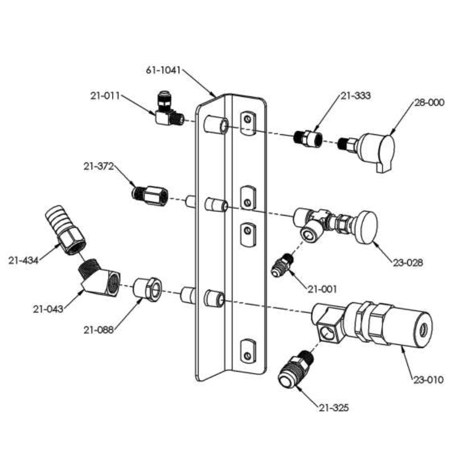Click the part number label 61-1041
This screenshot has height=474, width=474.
(x=163, y=71)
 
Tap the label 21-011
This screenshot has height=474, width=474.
(x=105, y=96)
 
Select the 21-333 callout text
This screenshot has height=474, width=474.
(x=355, y=95)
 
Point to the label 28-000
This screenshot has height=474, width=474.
(x=429, y=102)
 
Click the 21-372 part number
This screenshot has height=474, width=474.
(x=98, y=166)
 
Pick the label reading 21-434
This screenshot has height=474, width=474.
(x=24, y=260)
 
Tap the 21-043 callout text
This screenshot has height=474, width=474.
(x=48, y=309)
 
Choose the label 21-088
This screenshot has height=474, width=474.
(x=99, y=330)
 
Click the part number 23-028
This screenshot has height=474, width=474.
(x=408, y=262)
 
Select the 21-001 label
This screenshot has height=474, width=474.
(x=322, y=289)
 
